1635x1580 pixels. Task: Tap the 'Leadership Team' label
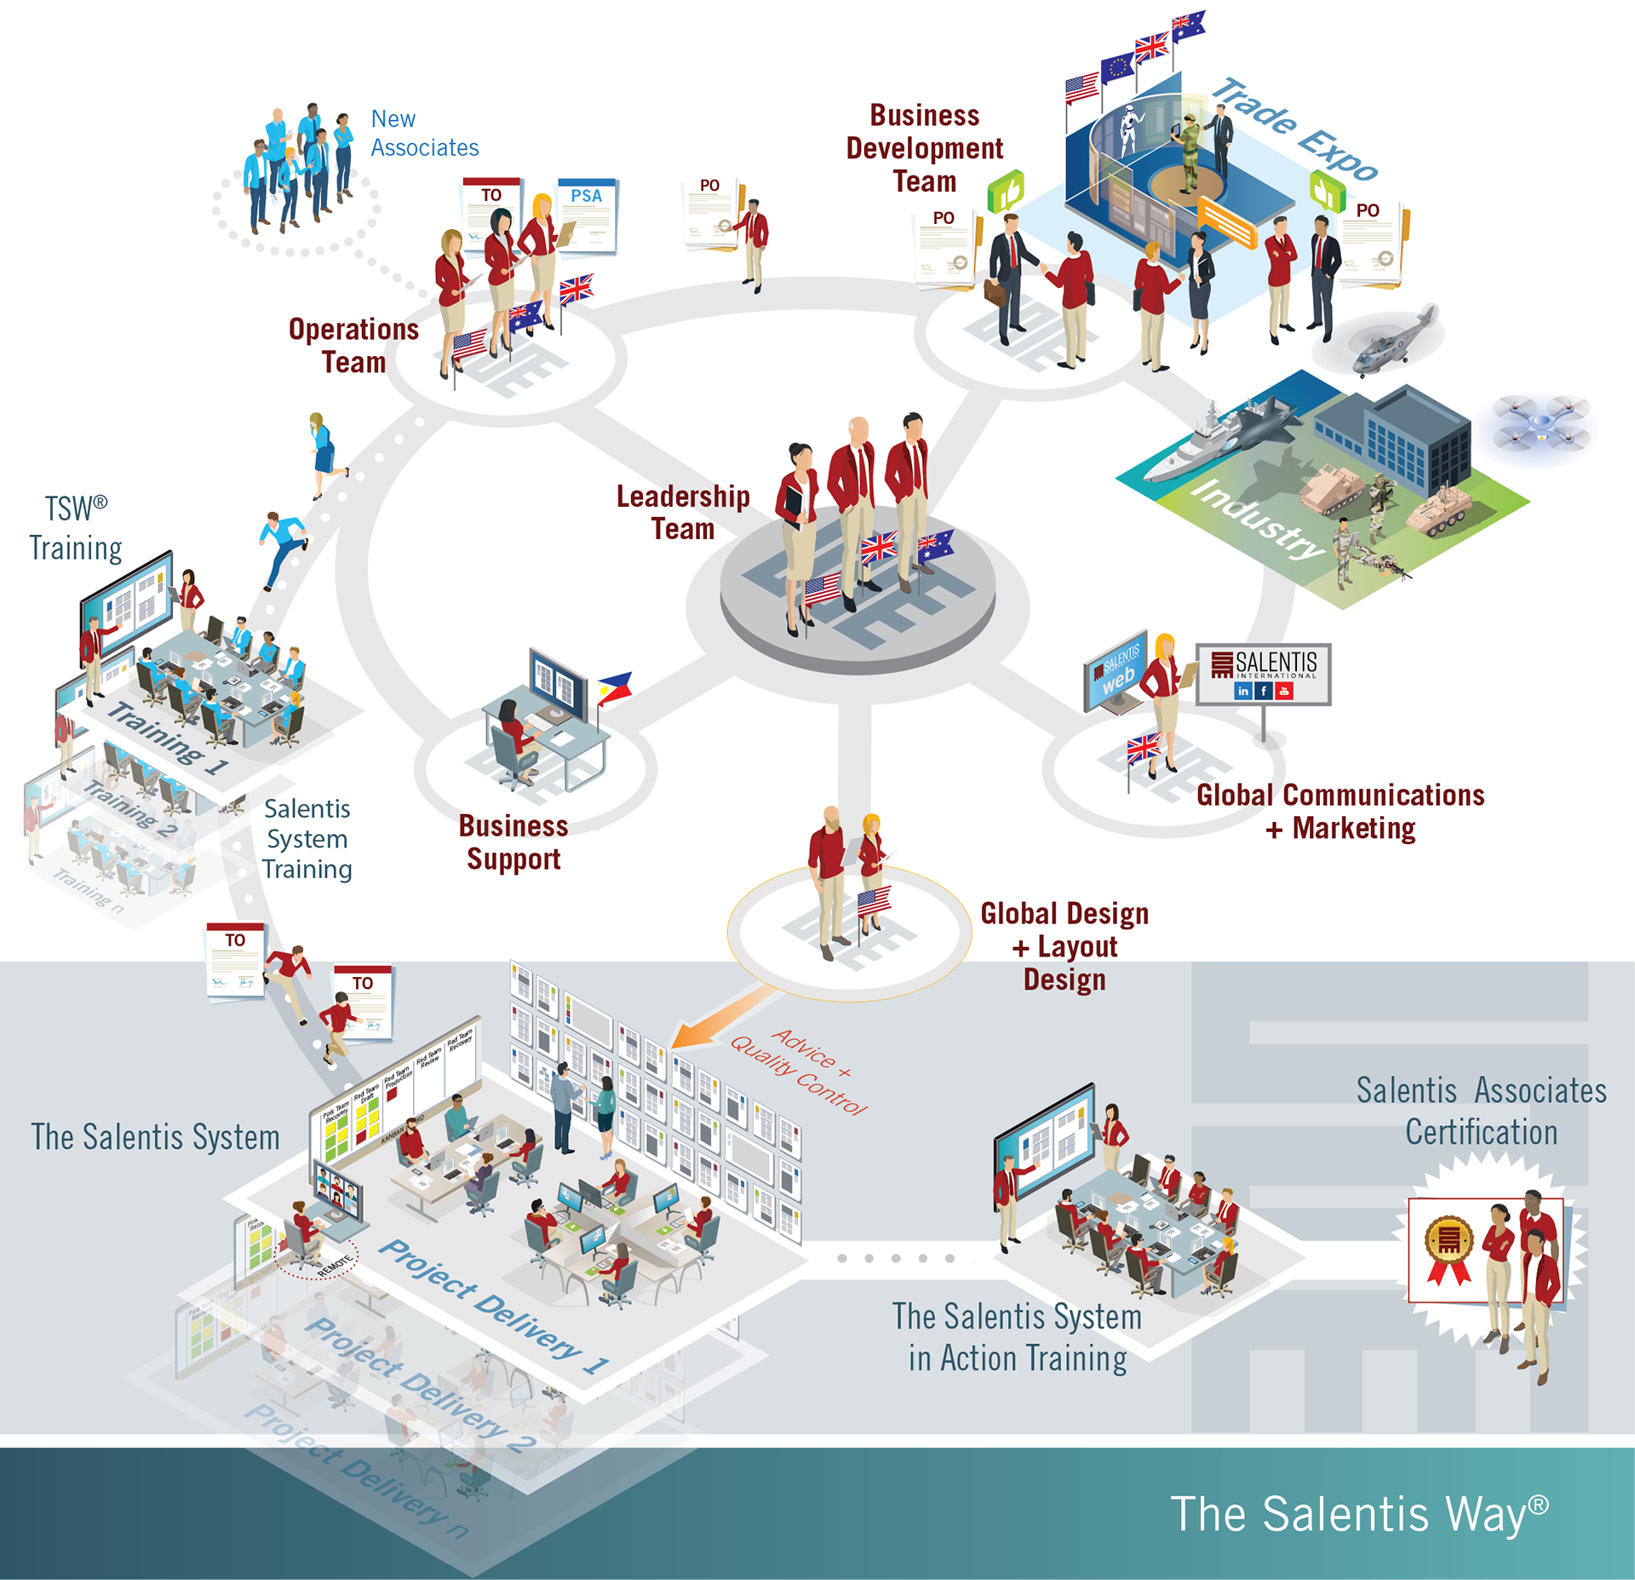[683, 512]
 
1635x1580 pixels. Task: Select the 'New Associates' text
[424, 133]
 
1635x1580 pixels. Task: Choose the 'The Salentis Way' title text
[1358, 1514]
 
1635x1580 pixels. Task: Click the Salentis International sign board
[1264, 674]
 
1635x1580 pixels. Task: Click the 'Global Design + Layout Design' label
[1064, 946]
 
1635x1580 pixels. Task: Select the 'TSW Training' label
[75, 528]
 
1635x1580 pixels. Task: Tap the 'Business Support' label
[513, 842]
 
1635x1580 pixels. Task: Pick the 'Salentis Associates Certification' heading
[1481, 1111]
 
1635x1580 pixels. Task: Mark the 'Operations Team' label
[353, 345]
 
